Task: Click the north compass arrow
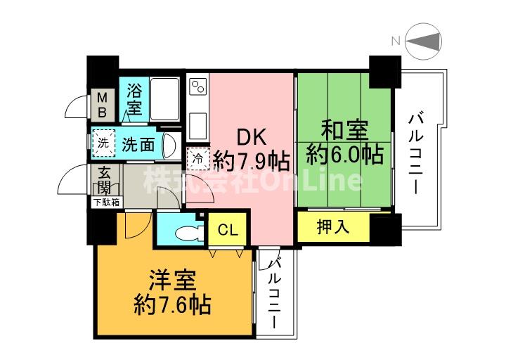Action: point(425,41)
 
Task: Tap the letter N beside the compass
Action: point(396,41)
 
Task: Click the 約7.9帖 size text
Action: point(252,162)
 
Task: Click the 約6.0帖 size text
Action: point(344,154)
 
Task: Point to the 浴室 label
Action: point(134,99)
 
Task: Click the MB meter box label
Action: point(102,105)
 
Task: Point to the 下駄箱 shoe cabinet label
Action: point(107,202)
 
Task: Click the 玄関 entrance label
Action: point(105,180)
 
